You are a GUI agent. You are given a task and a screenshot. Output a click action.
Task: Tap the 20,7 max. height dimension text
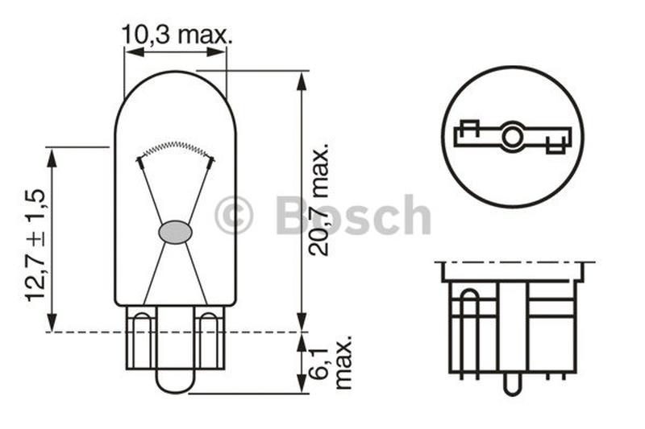pyautogui.click(x=319, y=200)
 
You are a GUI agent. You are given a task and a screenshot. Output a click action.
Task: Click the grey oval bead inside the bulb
pyautogui.click(x=176, y=232)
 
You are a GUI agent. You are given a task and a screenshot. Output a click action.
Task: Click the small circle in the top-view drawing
pyautogui.click(x=512, y=136)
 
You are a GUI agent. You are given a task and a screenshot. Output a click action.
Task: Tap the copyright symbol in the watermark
pyautogui.click(x=234, y=216)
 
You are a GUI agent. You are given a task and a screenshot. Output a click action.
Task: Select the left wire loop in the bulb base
pyautogui.click(x=141, y=338)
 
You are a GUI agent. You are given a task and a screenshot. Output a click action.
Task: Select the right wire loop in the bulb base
pyautogui.click(x=209, y=338)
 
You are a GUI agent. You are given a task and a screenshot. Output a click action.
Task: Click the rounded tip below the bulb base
pyautogui.click(x=175, y=383)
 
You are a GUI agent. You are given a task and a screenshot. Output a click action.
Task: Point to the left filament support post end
pyautogui.click(x=140, y=162)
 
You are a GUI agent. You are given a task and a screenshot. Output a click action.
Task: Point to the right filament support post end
pyautogui.click(x=211, y=162)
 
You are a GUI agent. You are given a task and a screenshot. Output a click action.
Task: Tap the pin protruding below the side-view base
pyautogui.click(x=511, y=385)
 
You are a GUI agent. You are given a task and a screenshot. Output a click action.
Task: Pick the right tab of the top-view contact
pyautogui.click(x=556, y=146)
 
